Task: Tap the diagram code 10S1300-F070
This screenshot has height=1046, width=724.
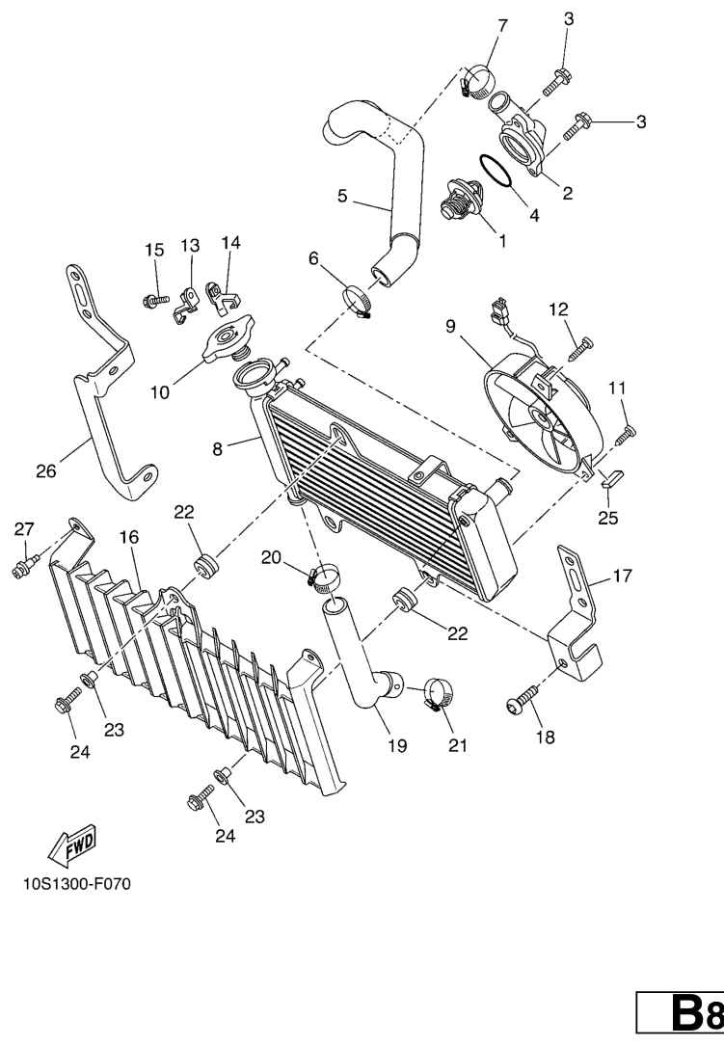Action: tap(77, 885)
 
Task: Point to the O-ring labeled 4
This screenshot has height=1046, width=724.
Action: tap(495, 170)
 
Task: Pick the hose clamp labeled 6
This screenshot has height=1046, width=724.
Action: tap(358, 301)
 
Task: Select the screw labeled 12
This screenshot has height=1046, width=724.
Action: tap(582, 349)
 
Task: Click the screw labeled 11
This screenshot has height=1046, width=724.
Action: tap(626, 434)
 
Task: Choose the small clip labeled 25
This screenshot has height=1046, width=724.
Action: tap(611, 477)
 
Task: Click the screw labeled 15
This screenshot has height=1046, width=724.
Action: tap(156, 302)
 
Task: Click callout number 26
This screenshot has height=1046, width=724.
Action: tap(45, 471)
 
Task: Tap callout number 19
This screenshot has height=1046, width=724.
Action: tap(398, 745)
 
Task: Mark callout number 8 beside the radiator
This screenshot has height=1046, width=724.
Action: tap(218, 449)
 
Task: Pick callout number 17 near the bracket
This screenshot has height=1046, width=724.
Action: tap(622, 575)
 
